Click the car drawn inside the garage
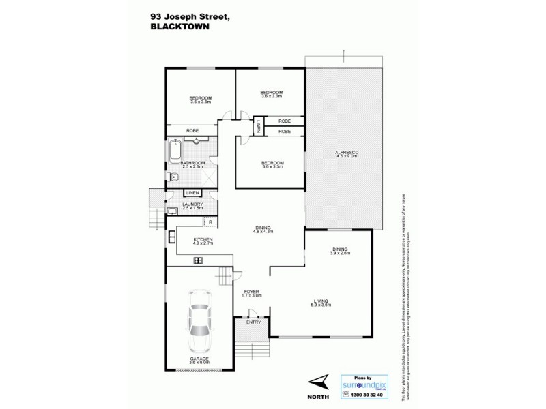pos(201,320)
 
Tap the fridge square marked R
pos(211,222)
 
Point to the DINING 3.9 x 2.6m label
pos(339,251)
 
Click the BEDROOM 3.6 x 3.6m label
pos(201,100)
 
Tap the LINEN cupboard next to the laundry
pos(191,194)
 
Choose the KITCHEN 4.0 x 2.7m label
pos(203,241)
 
